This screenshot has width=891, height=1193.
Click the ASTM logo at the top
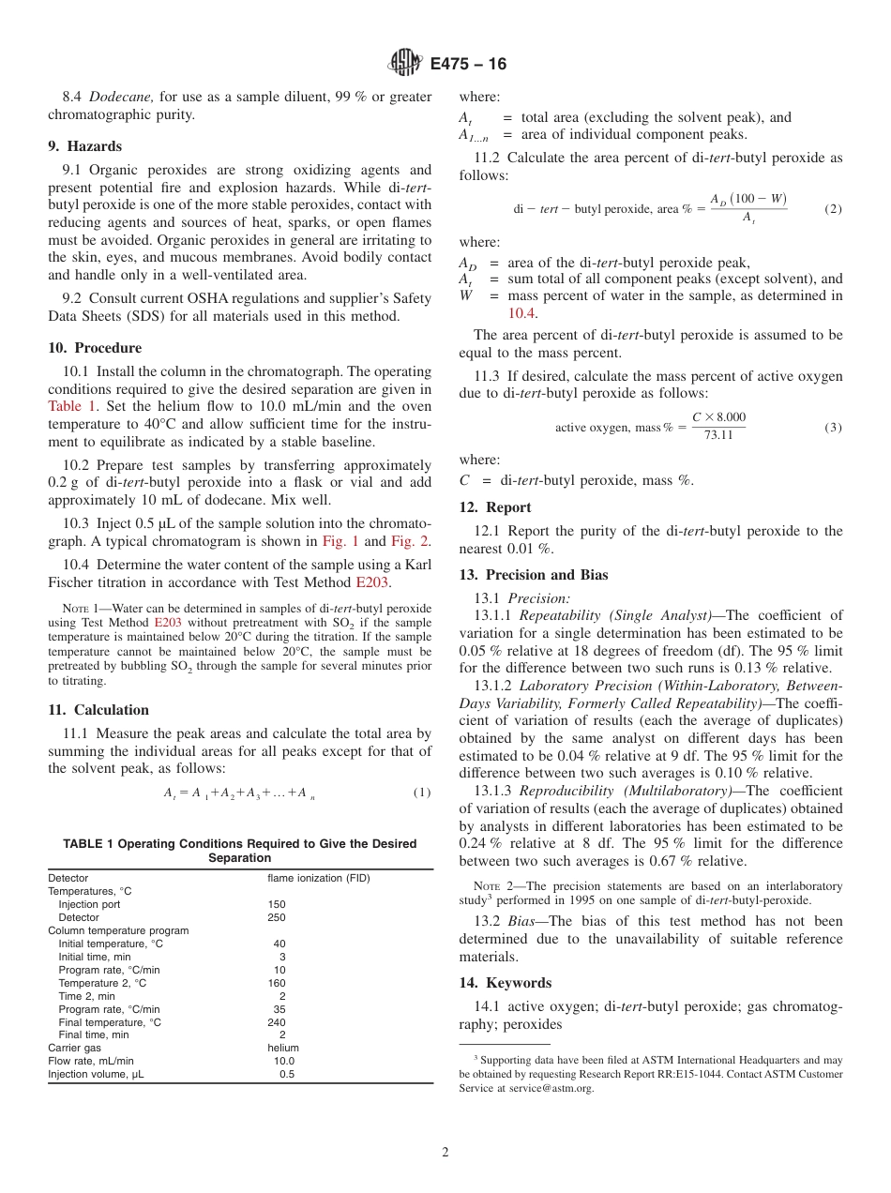click(x=405, y=63)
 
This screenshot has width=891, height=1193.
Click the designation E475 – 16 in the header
click(x=468, y=64)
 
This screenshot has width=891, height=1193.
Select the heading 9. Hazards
click(x=85, y=146)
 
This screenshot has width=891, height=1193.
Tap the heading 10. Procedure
click(x=95, y=348)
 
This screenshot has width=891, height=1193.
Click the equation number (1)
click(x=422, y=793)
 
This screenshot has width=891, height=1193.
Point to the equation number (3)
click(x=833, y=427)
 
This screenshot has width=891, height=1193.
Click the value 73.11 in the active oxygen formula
click(x=718, y=435)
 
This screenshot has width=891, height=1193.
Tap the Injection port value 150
click(x=277, y=904)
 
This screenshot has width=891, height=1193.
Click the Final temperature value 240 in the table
click(x=279, y=1022)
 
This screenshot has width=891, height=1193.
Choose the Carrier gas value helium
click(x=283, y=1048)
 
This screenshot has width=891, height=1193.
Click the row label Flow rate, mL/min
click(x=91, y=1061)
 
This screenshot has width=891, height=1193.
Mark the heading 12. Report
click(x=507, y=507)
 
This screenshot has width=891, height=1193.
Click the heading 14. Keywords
click(x=518, y=983)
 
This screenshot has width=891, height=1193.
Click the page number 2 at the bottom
click(x=445, y=1153)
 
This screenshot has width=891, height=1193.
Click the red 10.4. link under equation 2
click(x=521, y=312)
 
